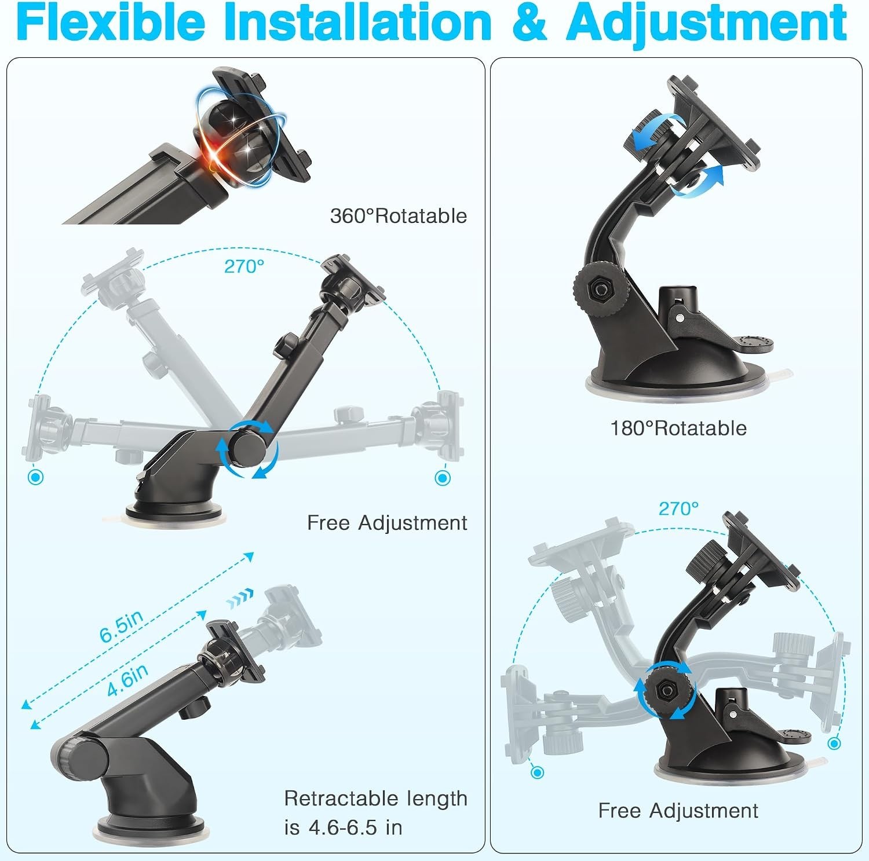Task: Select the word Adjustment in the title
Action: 707,23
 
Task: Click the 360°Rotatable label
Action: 399,216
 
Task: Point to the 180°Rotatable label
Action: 678,428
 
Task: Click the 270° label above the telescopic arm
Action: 244,266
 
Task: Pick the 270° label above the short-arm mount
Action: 678,508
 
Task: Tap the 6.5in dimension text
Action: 122,626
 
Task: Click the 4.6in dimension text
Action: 128,680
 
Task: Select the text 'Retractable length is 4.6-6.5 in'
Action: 375,813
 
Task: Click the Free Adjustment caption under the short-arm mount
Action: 678,811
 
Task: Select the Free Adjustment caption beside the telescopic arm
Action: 387,523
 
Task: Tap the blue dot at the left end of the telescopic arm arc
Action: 36,477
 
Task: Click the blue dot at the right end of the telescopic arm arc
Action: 443,478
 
